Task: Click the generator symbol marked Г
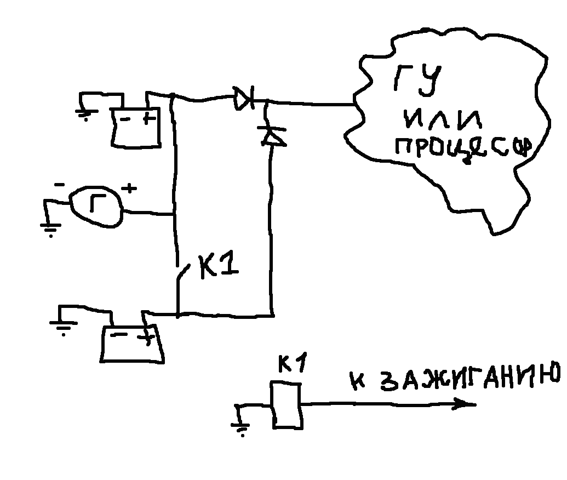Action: [96, 205]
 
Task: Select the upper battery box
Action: [136, 128]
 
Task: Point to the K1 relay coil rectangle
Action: [286, 405]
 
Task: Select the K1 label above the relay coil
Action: [293, 364]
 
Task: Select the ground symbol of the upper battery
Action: [85, 115]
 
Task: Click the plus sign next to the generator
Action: [130, 189]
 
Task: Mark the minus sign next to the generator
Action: [59, 186]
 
